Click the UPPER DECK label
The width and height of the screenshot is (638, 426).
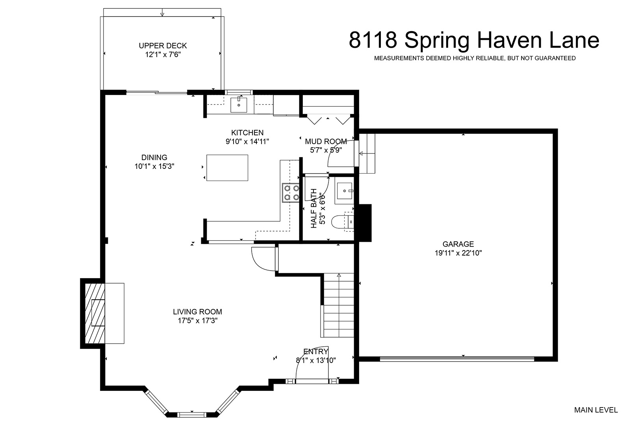point(163,46)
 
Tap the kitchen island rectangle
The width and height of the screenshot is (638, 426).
point(227,168)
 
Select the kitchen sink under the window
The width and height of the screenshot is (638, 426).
point(239,105)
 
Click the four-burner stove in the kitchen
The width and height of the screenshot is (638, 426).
point(291,193)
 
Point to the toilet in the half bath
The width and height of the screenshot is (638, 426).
point(343,222)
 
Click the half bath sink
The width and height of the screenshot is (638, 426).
point(344,191)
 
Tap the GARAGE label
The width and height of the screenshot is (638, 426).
point(458,244)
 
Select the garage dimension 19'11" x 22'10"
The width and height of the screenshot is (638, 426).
point(458,253)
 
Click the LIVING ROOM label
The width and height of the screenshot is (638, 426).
point(197,312)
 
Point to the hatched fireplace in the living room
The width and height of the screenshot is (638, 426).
point(95,313)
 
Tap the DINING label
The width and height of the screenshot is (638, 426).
point(154,157)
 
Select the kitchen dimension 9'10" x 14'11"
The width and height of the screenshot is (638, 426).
point(247,141)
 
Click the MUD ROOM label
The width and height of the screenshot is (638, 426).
point(326,141)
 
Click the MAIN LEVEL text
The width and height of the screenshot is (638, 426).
point(596,410)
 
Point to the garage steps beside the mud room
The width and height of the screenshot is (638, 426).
point(367,153)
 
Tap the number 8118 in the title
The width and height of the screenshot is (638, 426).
point(373,40)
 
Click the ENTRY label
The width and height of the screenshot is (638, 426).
point(315,351)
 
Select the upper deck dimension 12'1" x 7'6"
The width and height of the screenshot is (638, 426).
point(163,54)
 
